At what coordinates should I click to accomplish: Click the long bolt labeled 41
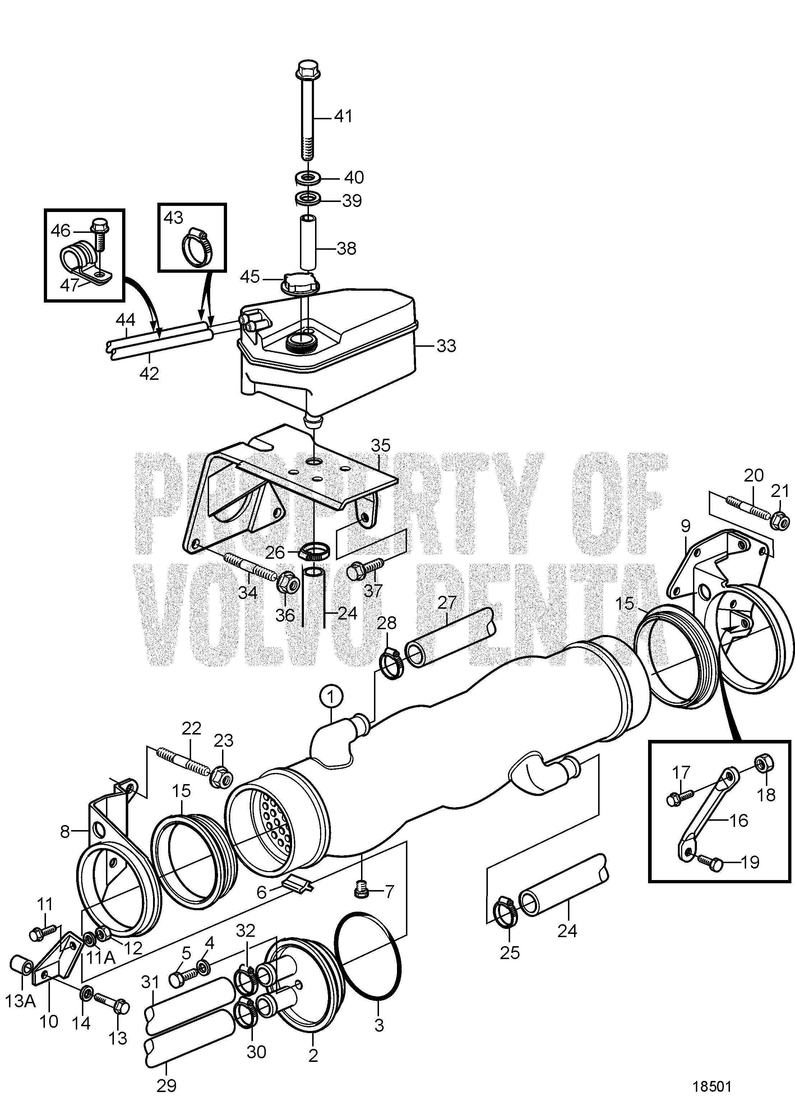(x=307, y=112)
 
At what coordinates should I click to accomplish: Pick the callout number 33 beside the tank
(x=446, y=346)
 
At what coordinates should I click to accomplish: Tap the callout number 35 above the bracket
(x=380, y=445)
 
